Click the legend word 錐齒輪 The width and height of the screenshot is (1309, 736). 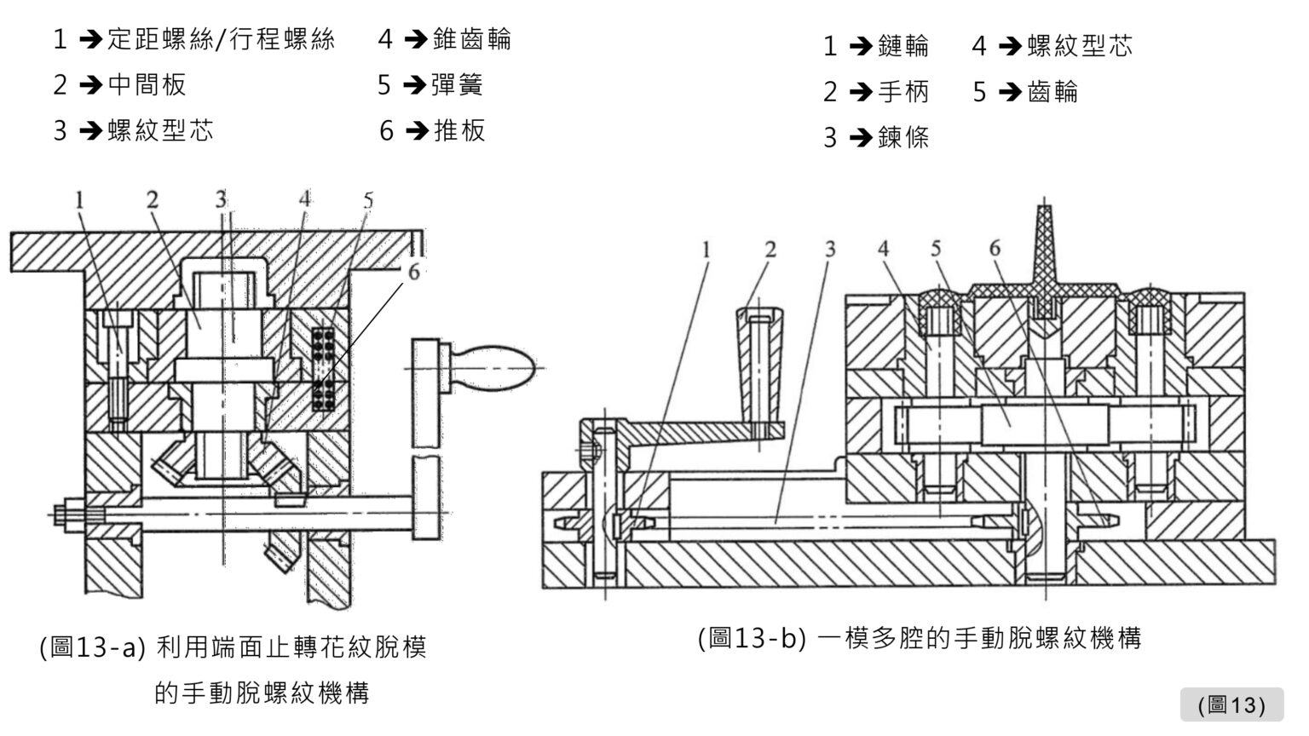[472, 39]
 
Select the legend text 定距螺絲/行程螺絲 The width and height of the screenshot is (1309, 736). [221, 39]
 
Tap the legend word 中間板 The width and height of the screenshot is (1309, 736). [147, 84]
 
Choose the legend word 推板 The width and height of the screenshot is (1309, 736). [460, 130]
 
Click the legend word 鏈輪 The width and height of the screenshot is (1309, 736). [903, 46]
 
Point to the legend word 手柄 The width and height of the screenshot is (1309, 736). [903, 91]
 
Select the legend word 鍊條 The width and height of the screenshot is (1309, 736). [903, 137]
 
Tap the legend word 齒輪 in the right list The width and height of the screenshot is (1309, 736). [1053, 91]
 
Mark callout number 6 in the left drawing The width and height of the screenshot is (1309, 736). [413, 272]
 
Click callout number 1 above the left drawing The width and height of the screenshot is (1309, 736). [79, 200]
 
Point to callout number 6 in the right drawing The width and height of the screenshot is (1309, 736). [994, 249]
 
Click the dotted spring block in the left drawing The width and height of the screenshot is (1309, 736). [323, 368]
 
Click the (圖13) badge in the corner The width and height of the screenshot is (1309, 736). [1231, 704]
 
